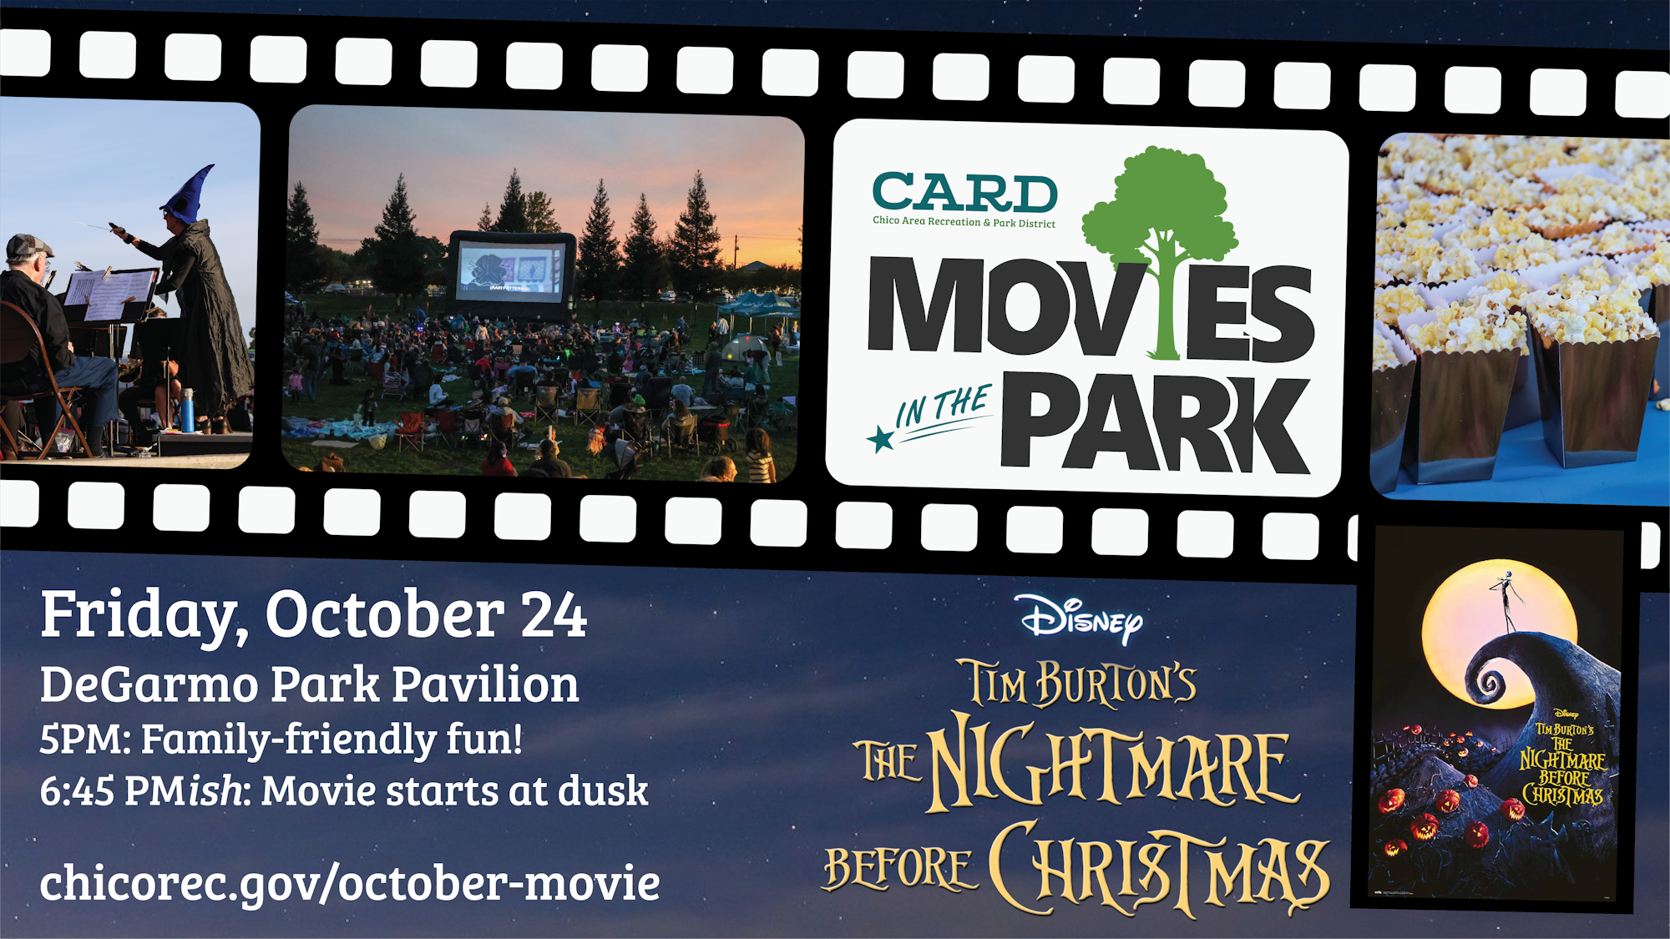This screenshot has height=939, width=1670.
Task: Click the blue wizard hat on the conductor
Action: click(x=189, y=195)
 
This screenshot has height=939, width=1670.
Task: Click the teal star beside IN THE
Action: click(x=880, y=438)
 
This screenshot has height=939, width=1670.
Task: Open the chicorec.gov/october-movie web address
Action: click(x=350, y=883)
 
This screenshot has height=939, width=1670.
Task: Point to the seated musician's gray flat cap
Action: click(x=28, y=246)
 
